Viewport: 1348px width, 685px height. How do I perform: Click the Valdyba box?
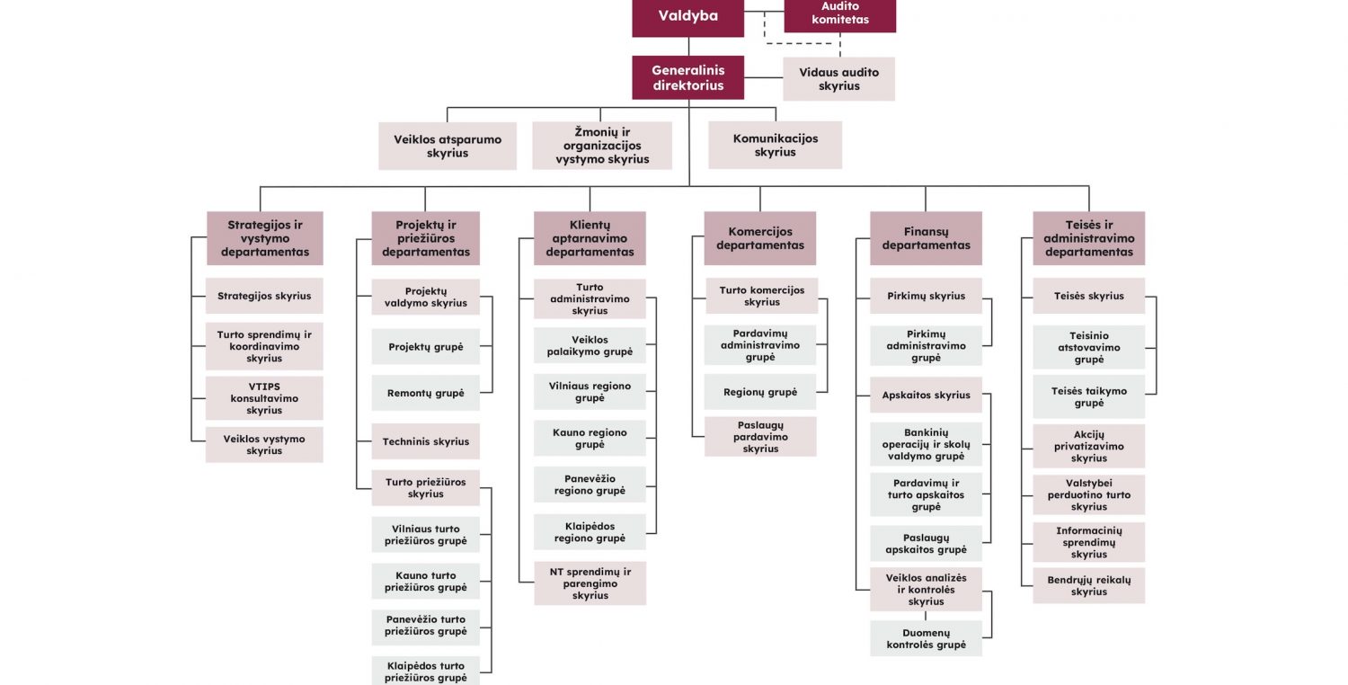pos(687,16)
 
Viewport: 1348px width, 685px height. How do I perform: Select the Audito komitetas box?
pos(839,14)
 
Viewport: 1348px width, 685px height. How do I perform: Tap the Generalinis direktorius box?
pos(687,77)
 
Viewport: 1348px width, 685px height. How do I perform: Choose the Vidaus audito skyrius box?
pos(839,79)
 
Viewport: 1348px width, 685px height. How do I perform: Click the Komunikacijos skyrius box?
pos(775,146)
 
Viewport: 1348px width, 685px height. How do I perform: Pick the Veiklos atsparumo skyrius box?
pos(448,147)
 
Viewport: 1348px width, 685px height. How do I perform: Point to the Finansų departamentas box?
pos(926,238)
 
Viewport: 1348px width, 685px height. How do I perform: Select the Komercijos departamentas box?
pos(759,238)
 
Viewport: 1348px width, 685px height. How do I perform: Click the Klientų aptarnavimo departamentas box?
pos(590,238)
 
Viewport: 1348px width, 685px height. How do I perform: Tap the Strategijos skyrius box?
pos(264,296)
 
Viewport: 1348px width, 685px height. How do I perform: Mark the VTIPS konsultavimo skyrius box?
pos(264,398)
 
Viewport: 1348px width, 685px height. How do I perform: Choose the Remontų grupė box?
pos(426,394)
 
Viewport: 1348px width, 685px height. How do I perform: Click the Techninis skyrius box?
pos(426,441)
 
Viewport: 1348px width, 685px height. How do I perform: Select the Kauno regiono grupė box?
pos(590,439)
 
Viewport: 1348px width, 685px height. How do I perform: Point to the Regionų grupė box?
pos(759,392)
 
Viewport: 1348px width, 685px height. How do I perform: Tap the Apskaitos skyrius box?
pos(926,395)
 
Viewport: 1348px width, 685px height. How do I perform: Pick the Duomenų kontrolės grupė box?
pos(926,638)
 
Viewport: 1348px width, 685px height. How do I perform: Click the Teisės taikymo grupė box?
pos(1088,397)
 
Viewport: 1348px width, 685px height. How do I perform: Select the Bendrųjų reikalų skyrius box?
pos(1088,586)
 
